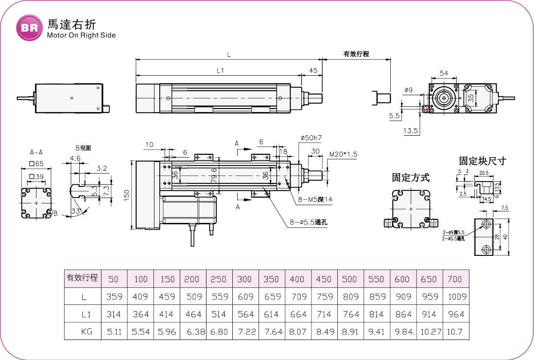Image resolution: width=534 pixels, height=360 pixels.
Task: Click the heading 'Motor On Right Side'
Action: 81,36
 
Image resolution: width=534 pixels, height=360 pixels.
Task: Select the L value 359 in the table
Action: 114,297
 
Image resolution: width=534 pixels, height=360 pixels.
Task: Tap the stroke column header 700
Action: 454,279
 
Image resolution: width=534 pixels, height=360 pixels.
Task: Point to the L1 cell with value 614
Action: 271,315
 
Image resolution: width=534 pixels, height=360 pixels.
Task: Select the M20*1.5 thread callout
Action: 343,154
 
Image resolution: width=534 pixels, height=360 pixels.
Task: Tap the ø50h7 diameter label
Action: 311,138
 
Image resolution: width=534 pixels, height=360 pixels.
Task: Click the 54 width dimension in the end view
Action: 444,73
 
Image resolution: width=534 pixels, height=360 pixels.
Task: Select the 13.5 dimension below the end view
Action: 410,131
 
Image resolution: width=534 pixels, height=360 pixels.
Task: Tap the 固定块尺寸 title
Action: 482,161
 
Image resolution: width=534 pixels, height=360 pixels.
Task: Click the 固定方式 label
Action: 411,178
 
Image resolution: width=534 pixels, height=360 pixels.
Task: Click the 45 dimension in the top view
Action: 313,71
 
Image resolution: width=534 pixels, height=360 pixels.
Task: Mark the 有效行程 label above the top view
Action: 356,54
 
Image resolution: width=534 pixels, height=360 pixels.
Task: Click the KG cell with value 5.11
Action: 114,332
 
